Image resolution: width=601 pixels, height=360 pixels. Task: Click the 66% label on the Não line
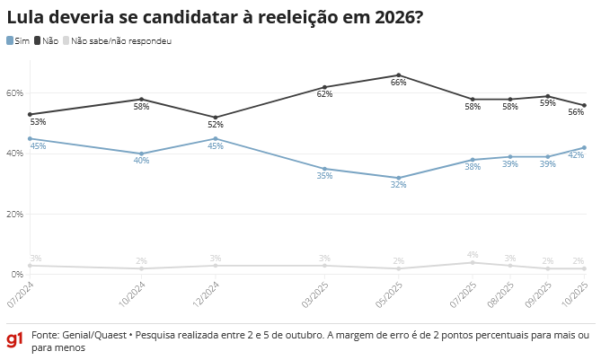click(x=398, y=83)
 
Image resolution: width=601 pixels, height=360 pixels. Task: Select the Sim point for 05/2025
click(x=398, y=178)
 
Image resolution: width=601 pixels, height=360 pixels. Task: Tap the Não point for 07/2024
click(x=30, y=114)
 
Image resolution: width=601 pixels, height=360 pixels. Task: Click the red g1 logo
click(x=14, y=339)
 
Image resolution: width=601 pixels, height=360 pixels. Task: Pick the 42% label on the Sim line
click(x=576, y=155)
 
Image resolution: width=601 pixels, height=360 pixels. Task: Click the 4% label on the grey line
click(x=473, y=255)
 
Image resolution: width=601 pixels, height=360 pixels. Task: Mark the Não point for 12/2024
click(x=215, y=118)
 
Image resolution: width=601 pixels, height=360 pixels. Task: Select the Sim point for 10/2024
click(x=141, y=154)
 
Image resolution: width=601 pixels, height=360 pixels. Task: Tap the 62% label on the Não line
click(x=324, y=94)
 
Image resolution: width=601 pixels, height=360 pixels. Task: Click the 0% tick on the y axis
click(x=16, y=274)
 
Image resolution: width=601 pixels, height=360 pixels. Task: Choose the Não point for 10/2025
click(x=584, y=105)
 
